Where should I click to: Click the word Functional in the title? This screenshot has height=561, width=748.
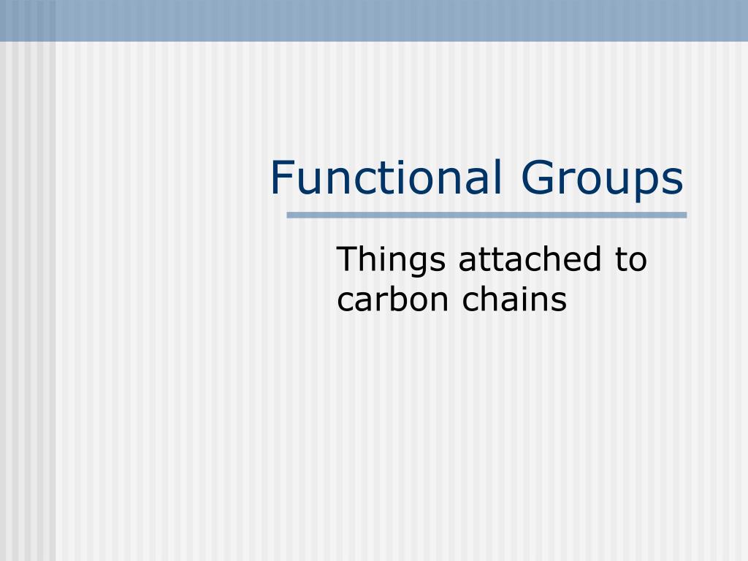click(x=386, y=179)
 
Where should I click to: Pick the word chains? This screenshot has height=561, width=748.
click(x=514, y=299)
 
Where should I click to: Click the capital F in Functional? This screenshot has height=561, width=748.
click(x=281, y=179)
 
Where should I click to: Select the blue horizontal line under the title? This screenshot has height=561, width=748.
click(x=486, y=215)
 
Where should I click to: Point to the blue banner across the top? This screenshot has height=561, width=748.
click(x=374, y=20)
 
